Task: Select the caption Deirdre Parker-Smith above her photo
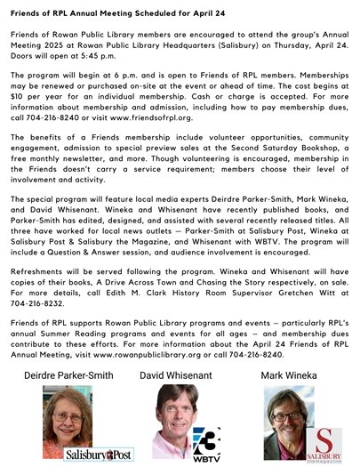[x=68, y=400]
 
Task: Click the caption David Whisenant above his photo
[x=176, y=400]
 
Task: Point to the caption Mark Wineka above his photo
[x=288, y=400]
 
